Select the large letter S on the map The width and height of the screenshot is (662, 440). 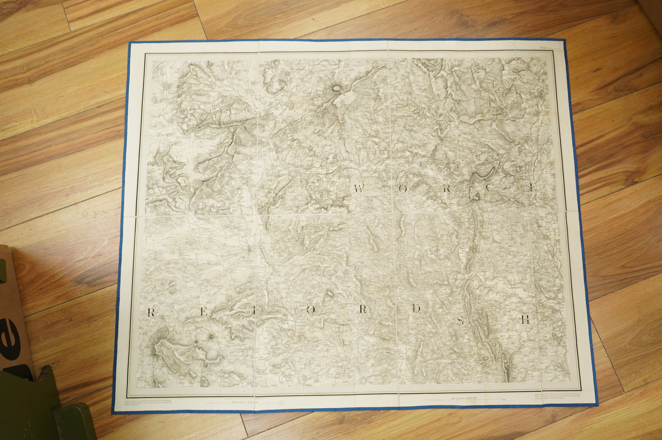click(460, 320)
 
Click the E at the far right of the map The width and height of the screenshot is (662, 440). click(532, 188)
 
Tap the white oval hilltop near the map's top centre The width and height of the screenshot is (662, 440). click(336, 89)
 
